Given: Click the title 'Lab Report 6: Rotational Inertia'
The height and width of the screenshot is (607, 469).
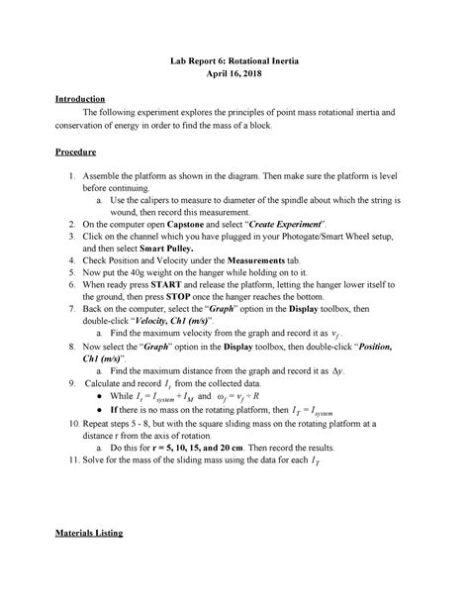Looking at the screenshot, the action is click(x=234, y=61).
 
